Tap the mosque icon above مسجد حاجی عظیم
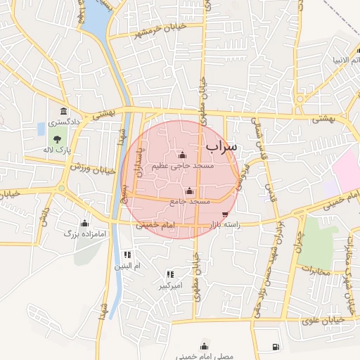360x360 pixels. (183, 155)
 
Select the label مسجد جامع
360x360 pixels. (189, 202)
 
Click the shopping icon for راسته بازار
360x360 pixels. (225, 215)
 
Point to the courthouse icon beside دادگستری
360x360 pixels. (64, 112)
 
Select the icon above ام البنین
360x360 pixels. (127, 255)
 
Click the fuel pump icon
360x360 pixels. (275, 347)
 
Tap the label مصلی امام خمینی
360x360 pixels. (204, 356)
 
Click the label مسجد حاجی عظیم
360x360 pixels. (182, 166)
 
